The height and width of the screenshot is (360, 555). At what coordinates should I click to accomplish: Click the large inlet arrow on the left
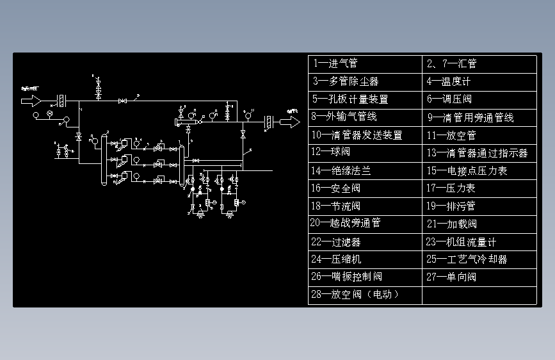pyautogui.click(x=31, y=101)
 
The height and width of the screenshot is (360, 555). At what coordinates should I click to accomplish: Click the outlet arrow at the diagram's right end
pyautogui.click(x=289, y=122)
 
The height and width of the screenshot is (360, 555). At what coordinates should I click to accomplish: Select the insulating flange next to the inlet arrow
pyautogui.click(x=63, y=101)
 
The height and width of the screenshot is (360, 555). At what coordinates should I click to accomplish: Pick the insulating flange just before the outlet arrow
pyautogui.click(x=269, y=122)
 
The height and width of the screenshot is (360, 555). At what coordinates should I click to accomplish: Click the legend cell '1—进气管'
pyautogui.click(x=365, y=64)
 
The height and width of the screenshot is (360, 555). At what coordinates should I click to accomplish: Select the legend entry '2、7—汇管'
pyautogui.click(x=479, y=64)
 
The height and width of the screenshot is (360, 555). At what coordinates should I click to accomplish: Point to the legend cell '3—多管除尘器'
pyautogui.click(x=365, y=81)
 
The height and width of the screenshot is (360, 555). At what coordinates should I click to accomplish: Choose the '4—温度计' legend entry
pyautogui.click(x=479, y=81)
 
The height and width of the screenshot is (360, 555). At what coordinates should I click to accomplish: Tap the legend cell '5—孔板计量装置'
pyautogui.click(x=365, y=99)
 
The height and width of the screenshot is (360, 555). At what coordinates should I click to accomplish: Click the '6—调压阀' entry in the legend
pyautogui.click(x=479, y=99)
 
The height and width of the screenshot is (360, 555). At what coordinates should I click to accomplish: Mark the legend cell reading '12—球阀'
pyautogui.click(x=365, y=153)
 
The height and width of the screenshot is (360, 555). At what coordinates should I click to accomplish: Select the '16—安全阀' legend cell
pyautogui.click(x=365, y=188)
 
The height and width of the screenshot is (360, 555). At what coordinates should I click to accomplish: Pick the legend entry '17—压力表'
pyautogui.click(x=479, y=188)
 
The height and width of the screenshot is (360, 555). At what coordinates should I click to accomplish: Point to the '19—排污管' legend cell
pyautogui.click(x=479, y=206)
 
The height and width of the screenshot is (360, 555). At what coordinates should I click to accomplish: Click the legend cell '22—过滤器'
pyautogui.click(x=365, y=242)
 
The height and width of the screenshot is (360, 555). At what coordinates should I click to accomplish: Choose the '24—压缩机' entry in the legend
pyautogui.click(x=365, y=259)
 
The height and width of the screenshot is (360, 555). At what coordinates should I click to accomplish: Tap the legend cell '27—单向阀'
pyautogui.click(x=479, y=277)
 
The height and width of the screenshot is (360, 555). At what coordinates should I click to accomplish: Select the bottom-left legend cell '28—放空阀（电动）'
pyautogui.click(x=365, y=295)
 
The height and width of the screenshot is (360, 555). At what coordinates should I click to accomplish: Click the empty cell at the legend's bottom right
pyautogui.click(x=479, y=295)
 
